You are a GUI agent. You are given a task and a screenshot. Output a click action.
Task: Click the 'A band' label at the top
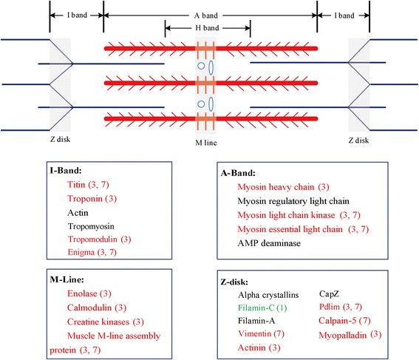point(209,13)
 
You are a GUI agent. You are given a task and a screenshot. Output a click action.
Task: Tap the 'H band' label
point(209,29)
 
